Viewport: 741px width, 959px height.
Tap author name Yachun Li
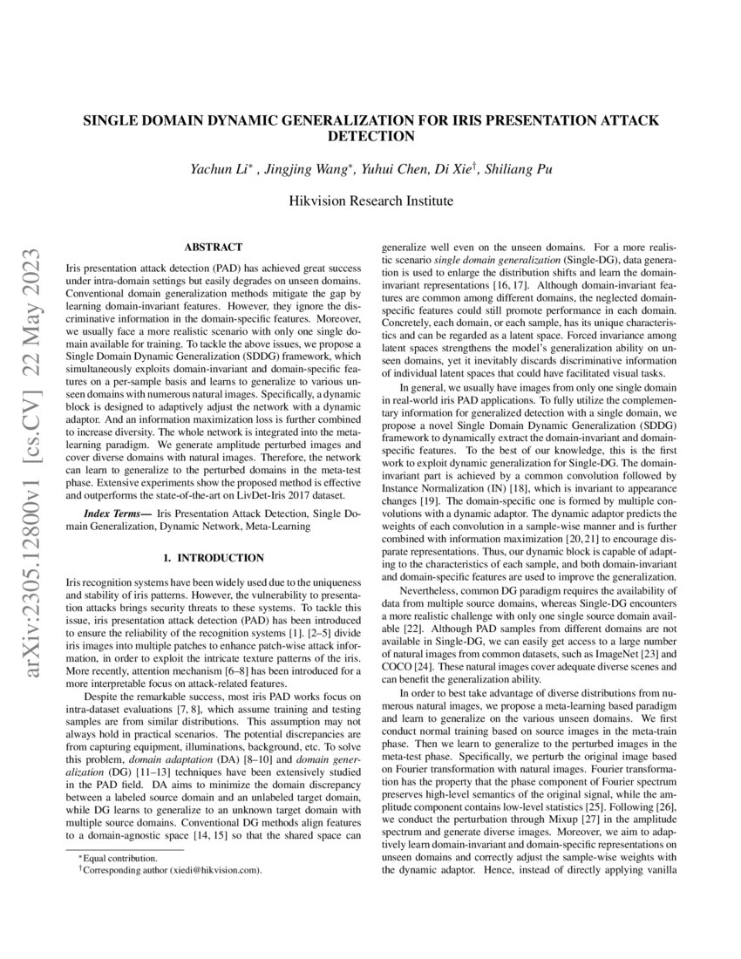pyautogui.click(x=221, y=169)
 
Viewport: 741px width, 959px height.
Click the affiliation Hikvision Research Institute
pyautogui.click(x=370, y=201)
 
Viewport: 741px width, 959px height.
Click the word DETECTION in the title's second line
pyautogui.click(x=370, y=137)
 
